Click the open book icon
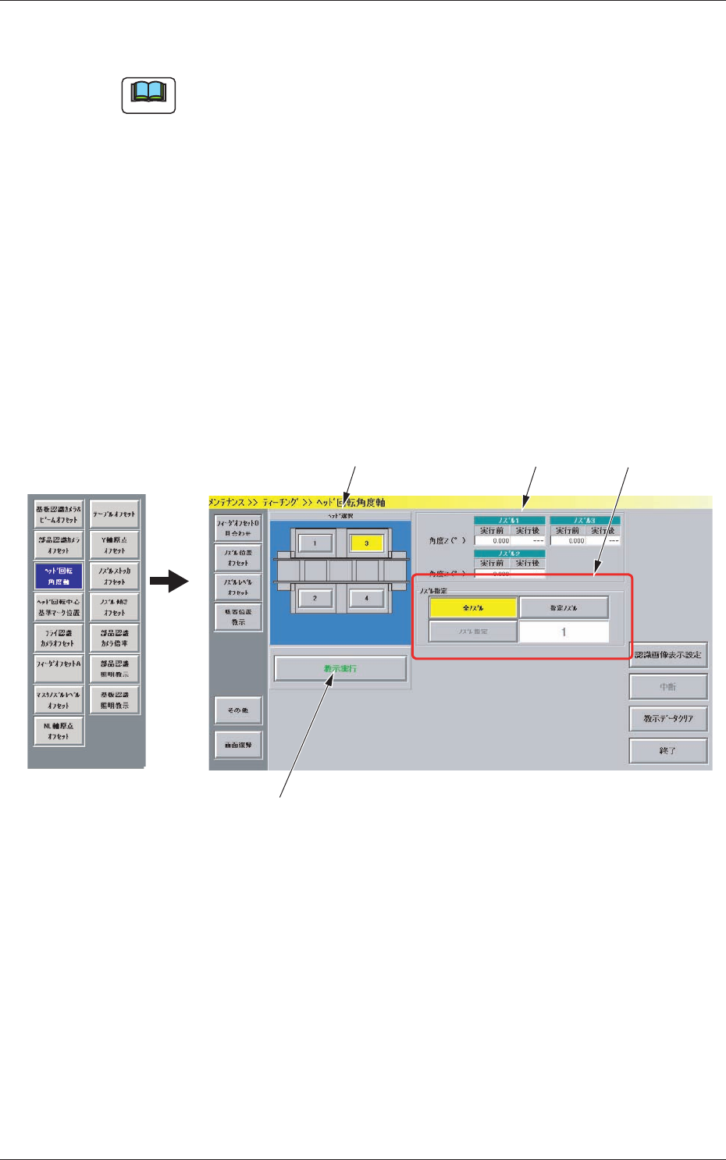[x=148, y=95]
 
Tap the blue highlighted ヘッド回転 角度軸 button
[x=59, y=576]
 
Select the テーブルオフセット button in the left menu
[x=114, y=514]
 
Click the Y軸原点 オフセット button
[x=114, y=545]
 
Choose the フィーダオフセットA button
[x=59, y=664]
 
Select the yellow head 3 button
[x=366, y=543]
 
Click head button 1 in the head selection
[x=315, y=543]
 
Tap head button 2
[x=315, y=598]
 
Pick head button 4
[x=366, y=598]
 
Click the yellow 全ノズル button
[x=473, y=607]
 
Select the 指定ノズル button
[x=564, y=607]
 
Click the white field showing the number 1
[x=564, y=632]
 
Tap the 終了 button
[x=668, y=750]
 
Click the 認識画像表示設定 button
[x=668, y=655]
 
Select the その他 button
[x=238, y=710]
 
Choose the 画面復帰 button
[x=238, y=745]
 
